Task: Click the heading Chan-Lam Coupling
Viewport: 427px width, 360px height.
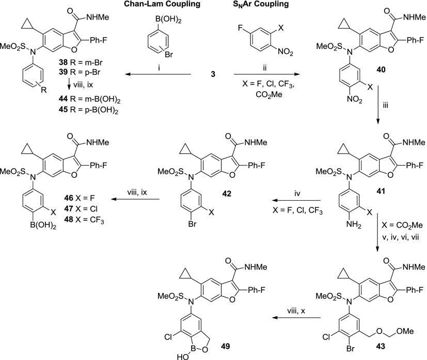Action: [x=162, y=4]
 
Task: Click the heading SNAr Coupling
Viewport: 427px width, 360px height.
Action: [x=261, y=4]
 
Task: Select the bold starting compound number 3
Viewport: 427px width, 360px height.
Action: [x=213, y=74]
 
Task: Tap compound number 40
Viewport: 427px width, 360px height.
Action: [x=381, y=70]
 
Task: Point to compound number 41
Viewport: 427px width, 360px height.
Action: [x=381, y=191]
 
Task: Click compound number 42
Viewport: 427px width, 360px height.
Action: [x=227, y=193]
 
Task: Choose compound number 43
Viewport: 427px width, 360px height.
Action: [x=381, y=346]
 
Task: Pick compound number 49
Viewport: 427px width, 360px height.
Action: [x=225, y=346]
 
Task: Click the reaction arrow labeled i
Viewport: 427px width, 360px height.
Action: [x=157, y=74]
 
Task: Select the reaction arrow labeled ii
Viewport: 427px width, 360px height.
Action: [x=266, y=74]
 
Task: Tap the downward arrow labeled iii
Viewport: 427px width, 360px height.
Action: [x=378, y=104]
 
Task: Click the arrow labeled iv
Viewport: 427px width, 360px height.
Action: [x=296, y=201]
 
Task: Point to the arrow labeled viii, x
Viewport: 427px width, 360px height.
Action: [x=296, y=318]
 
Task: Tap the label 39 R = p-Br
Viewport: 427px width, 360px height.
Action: [x=81, y=73]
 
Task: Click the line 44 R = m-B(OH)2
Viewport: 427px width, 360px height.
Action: [x=90, y=100]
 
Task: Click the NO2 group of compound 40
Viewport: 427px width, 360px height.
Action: [x=355, y=100]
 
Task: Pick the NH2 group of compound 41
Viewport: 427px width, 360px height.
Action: [x=354, y=225]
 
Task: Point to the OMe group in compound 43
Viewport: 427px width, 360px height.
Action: [x=405, y=331]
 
